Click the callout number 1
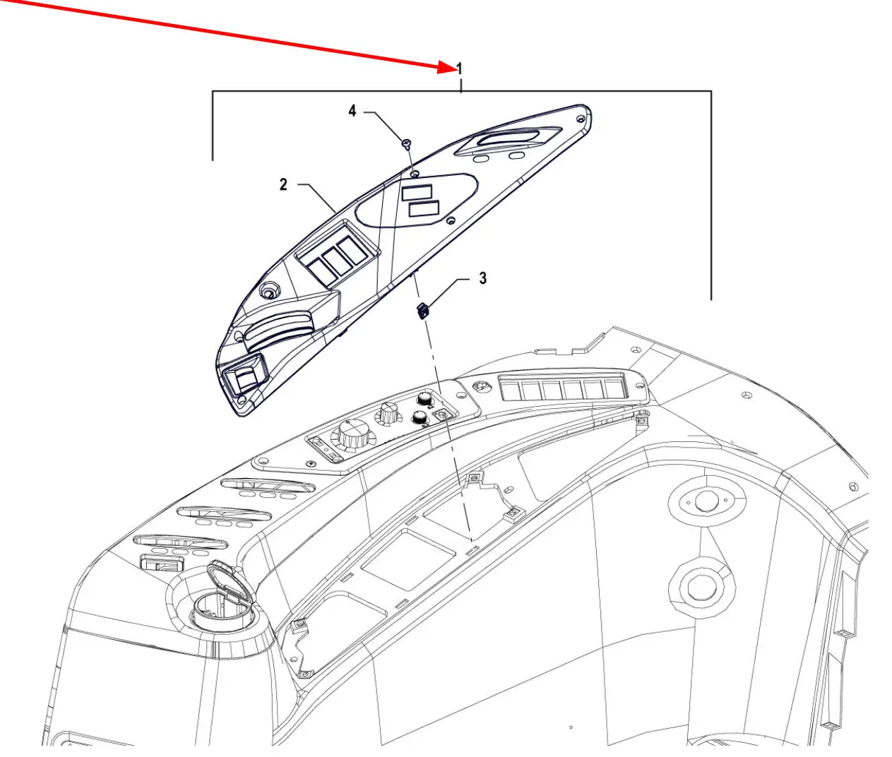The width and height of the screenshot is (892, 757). (460, 68)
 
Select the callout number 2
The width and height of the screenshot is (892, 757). (283, 184)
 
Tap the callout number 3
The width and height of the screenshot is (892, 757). (483, 278)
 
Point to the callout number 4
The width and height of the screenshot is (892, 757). (352, 111)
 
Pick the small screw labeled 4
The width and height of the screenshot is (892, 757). (406, 143)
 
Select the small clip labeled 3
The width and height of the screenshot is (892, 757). (422, 310)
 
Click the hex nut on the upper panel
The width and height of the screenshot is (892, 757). (269, 292)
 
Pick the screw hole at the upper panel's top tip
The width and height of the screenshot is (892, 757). (581, 118)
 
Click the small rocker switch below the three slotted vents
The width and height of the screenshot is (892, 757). (162, 563)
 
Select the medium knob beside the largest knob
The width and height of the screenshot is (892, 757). (389, 414)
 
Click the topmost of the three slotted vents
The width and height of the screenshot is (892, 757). (268, 486)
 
